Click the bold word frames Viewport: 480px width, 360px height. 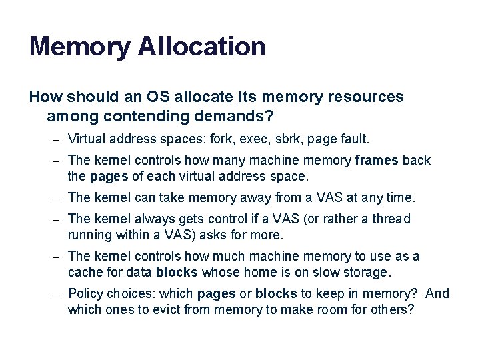(377, 161)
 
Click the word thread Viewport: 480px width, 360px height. (391, 219)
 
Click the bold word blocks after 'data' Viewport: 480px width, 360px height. (176, 273)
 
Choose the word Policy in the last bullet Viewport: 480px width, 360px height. (86, 294)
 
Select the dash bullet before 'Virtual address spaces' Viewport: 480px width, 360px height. (59, 140)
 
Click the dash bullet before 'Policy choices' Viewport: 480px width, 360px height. (59, 294)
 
